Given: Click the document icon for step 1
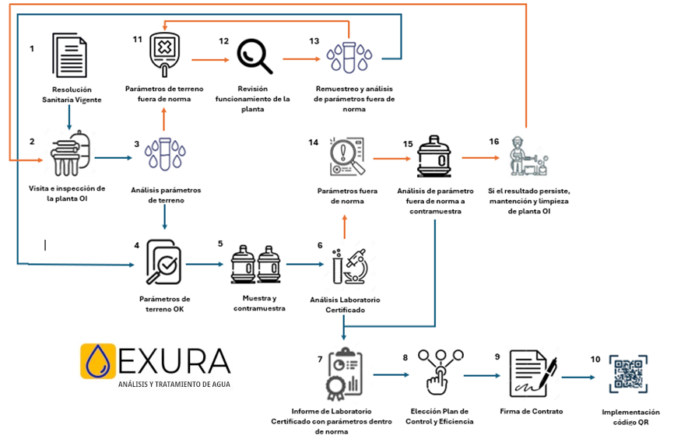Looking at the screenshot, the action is point(69,55).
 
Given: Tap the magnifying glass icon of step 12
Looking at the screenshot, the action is point(255,56).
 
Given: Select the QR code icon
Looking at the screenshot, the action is point(628,374).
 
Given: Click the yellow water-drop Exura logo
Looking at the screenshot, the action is point(98,361).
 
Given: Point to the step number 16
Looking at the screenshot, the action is point(494,142).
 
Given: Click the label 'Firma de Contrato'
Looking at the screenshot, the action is point(532,412).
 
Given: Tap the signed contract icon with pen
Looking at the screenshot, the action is point(533,373).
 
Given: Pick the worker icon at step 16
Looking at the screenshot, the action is point(528,156).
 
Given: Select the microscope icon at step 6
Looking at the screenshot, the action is point(349,265).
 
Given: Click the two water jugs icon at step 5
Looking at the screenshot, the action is point(256,264).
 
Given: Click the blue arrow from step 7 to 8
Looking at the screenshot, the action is point(391,375).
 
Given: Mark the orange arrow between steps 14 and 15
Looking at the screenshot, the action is point(392,159).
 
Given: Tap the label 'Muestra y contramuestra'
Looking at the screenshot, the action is point(259,303).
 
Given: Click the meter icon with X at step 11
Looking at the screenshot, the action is point(164,54).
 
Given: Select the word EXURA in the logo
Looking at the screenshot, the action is point(174,361).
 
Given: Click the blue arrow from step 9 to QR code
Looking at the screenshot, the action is point(578,378).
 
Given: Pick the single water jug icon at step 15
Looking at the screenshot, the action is point(434,156).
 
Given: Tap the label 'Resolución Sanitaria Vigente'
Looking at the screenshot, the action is point(72,95).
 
